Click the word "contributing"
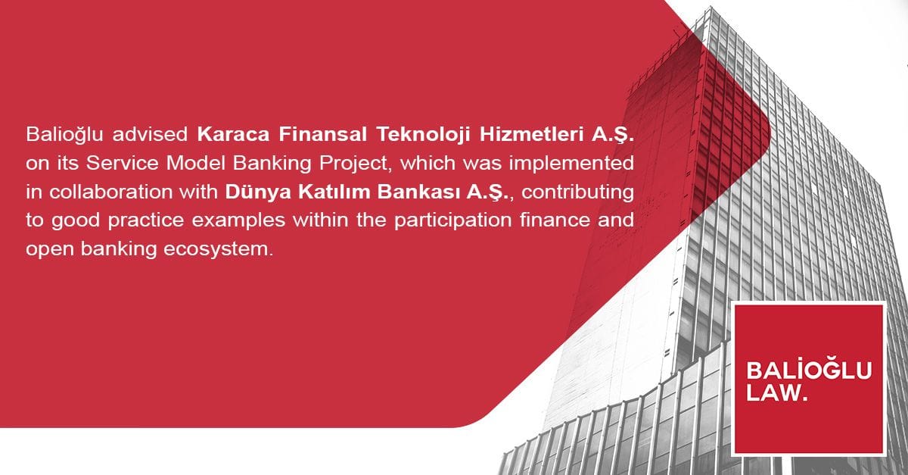click(x=580, y=192)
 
